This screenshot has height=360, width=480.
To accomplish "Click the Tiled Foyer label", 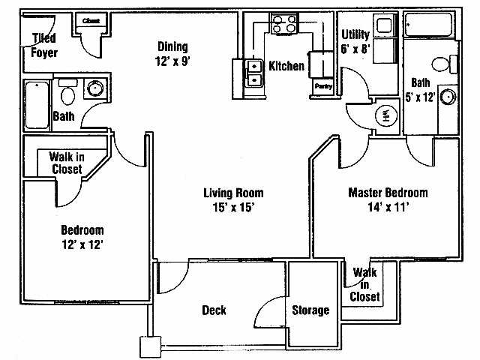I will click(43, 46).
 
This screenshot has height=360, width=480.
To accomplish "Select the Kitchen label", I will click(286, 66).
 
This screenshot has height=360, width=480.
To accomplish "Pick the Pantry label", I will click(323, 87).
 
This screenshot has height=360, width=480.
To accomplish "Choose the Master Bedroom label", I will click(388, 200).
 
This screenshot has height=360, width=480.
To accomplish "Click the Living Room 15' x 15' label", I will click(233, 200).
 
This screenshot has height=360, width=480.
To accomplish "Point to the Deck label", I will click(214, 310).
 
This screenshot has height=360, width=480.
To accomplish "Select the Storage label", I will click(310, 310).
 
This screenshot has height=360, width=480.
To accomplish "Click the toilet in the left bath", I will click(67, 94).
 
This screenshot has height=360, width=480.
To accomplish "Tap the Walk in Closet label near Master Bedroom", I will click(365, 284).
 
